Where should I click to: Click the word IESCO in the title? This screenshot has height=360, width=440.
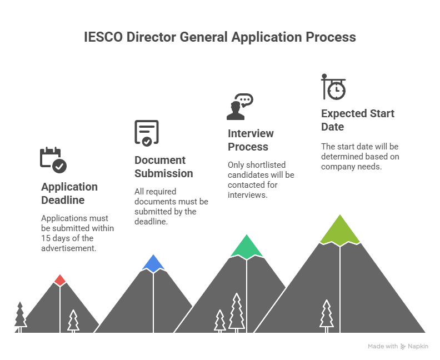[x=103, y=37]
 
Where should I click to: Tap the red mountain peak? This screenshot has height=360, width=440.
[x=60, y=281]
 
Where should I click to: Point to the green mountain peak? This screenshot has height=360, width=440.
[x=247, y=247]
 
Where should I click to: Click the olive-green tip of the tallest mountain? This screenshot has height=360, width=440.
[x=340, y=230]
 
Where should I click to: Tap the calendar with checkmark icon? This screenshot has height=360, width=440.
[x=53, y=159]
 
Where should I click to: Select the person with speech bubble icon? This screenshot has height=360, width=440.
[x=240, y=107]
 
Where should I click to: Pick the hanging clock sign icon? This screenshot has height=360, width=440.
[x=333, y=87]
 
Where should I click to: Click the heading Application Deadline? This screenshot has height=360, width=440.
[x=69, y=193]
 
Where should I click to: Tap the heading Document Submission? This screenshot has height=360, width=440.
[x=163, y=167]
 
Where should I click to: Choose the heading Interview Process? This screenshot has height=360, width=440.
[x=251, y=140]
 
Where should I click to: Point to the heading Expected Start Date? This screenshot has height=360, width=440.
[x=358, y=120]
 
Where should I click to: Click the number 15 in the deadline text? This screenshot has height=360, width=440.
[x=46, y=238]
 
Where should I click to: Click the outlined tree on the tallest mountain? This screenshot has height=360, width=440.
[x=327, y=316]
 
